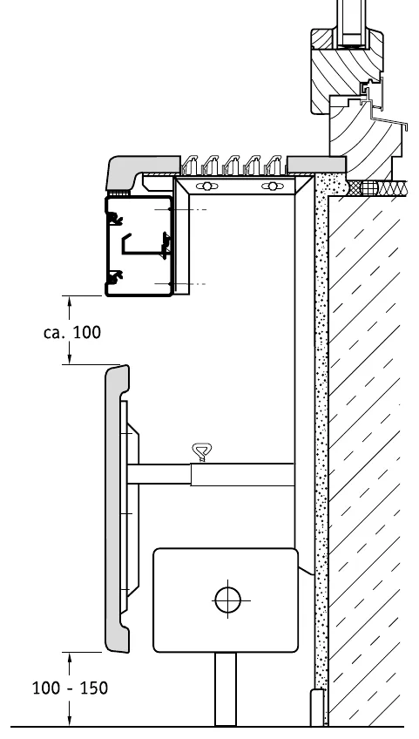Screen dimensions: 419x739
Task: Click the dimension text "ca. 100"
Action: point(72,332)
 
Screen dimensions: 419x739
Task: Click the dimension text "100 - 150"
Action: point(70,688)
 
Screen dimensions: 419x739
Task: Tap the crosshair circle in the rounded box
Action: point(227,600)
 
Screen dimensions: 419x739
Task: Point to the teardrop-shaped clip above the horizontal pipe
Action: point(202,451)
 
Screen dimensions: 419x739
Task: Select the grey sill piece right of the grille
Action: point(316,165)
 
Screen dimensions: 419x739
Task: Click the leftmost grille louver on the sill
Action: point(190,166)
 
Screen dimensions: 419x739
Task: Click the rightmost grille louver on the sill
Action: point(274,166)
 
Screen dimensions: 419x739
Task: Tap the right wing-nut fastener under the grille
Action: point(271,186)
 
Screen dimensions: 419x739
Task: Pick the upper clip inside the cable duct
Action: point(113,218)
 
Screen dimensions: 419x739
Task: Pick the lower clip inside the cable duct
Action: point(113,277)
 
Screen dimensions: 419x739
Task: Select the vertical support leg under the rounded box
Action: point(226,689)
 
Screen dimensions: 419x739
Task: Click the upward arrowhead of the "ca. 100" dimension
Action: point(70,302)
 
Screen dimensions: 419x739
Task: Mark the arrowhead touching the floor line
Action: point(70,720)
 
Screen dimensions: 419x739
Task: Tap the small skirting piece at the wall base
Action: point(318,708)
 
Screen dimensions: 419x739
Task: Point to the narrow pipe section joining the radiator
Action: point(159,474)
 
